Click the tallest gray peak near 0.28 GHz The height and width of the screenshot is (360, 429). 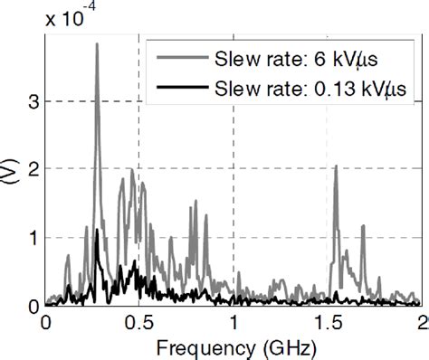pyautogui.click(x=97, y=44)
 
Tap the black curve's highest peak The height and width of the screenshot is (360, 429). pyautogui.click(x=97, y=231)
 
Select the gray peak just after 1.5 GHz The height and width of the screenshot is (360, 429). pyautogui.click(x=336, y=166)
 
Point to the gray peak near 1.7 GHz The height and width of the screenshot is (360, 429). pyautogui.click(x=363, y=226)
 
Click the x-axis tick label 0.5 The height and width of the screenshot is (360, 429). pyautogui.click(x=138, y=322)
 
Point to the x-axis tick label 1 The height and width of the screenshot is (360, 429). pyautogui.click(x=234, y=322)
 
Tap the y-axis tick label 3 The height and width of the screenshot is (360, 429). pyautogui.click(x=32, y=101)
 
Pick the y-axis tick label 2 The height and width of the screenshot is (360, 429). pyautogui.click(x=32, y=169)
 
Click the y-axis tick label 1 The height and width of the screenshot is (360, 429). pyautogui.click(x=32, y=237)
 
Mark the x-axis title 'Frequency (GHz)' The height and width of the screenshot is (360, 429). pyautogui.click(x=234, y=346)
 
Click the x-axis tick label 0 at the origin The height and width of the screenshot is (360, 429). pyautogui.click(x=44, y=322)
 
